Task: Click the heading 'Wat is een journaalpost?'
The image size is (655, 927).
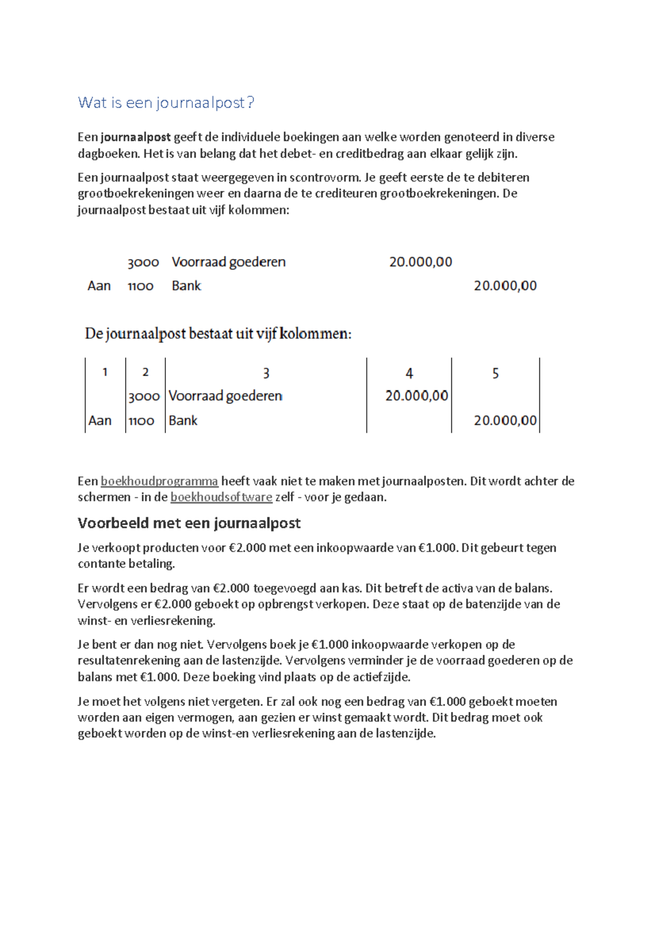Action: pos(166,103)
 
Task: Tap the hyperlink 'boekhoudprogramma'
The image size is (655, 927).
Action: pos(159,481)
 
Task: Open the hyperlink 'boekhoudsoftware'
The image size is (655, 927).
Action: pos(221,497)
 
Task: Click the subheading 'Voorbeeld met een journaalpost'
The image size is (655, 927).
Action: pos(189,523)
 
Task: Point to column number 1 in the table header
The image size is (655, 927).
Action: pos(105,372)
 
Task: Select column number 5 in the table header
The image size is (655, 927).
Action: pos(495,373)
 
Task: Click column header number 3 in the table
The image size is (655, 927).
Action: pos(266,373)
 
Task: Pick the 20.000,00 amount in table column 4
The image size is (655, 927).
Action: pos(416,396)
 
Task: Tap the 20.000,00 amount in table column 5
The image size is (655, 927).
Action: pos(505,420)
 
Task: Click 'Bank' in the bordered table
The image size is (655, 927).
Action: pos(183,420)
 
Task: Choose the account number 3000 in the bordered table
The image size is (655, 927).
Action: pos(144,396)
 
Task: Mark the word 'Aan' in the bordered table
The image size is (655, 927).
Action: pos(100,420)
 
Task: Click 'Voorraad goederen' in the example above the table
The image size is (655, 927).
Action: pos(228,262)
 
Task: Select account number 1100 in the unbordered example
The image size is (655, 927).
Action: pos(141,286)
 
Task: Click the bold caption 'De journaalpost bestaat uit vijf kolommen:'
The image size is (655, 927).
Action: pos(218,334)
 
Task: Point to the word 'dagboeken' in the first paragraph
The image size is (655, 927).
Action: pos(109,153)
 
